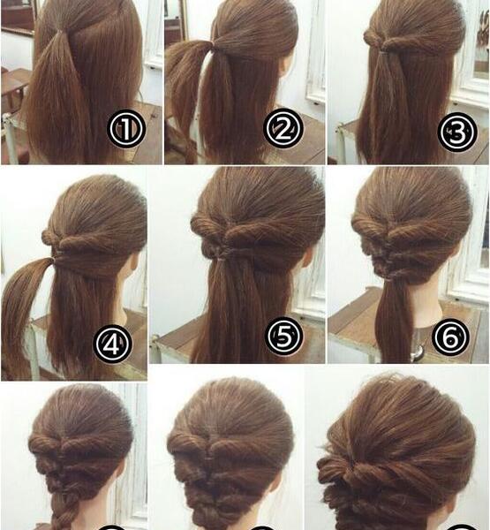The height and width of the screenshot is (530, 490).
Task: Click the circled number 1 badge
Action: pos(126,128)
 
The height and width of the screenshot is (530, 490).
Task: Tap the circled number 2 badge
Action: pos(283,128)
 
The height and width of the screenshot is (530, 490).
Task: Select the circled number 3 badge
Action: pos(456,132)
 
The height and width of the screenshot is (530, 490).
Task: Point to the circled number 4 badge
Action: pos(112,344)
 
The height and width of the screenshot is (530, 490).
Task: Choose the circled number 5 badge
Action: pos(284,336)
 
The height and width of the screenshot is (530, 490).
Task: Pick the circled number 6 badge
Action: pos(450,337)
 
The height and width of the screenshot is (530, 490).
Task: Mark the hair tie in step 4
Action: pos(53,260)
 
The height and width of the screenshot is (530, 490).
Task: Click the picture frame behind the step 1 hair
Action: pos(19,17)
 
